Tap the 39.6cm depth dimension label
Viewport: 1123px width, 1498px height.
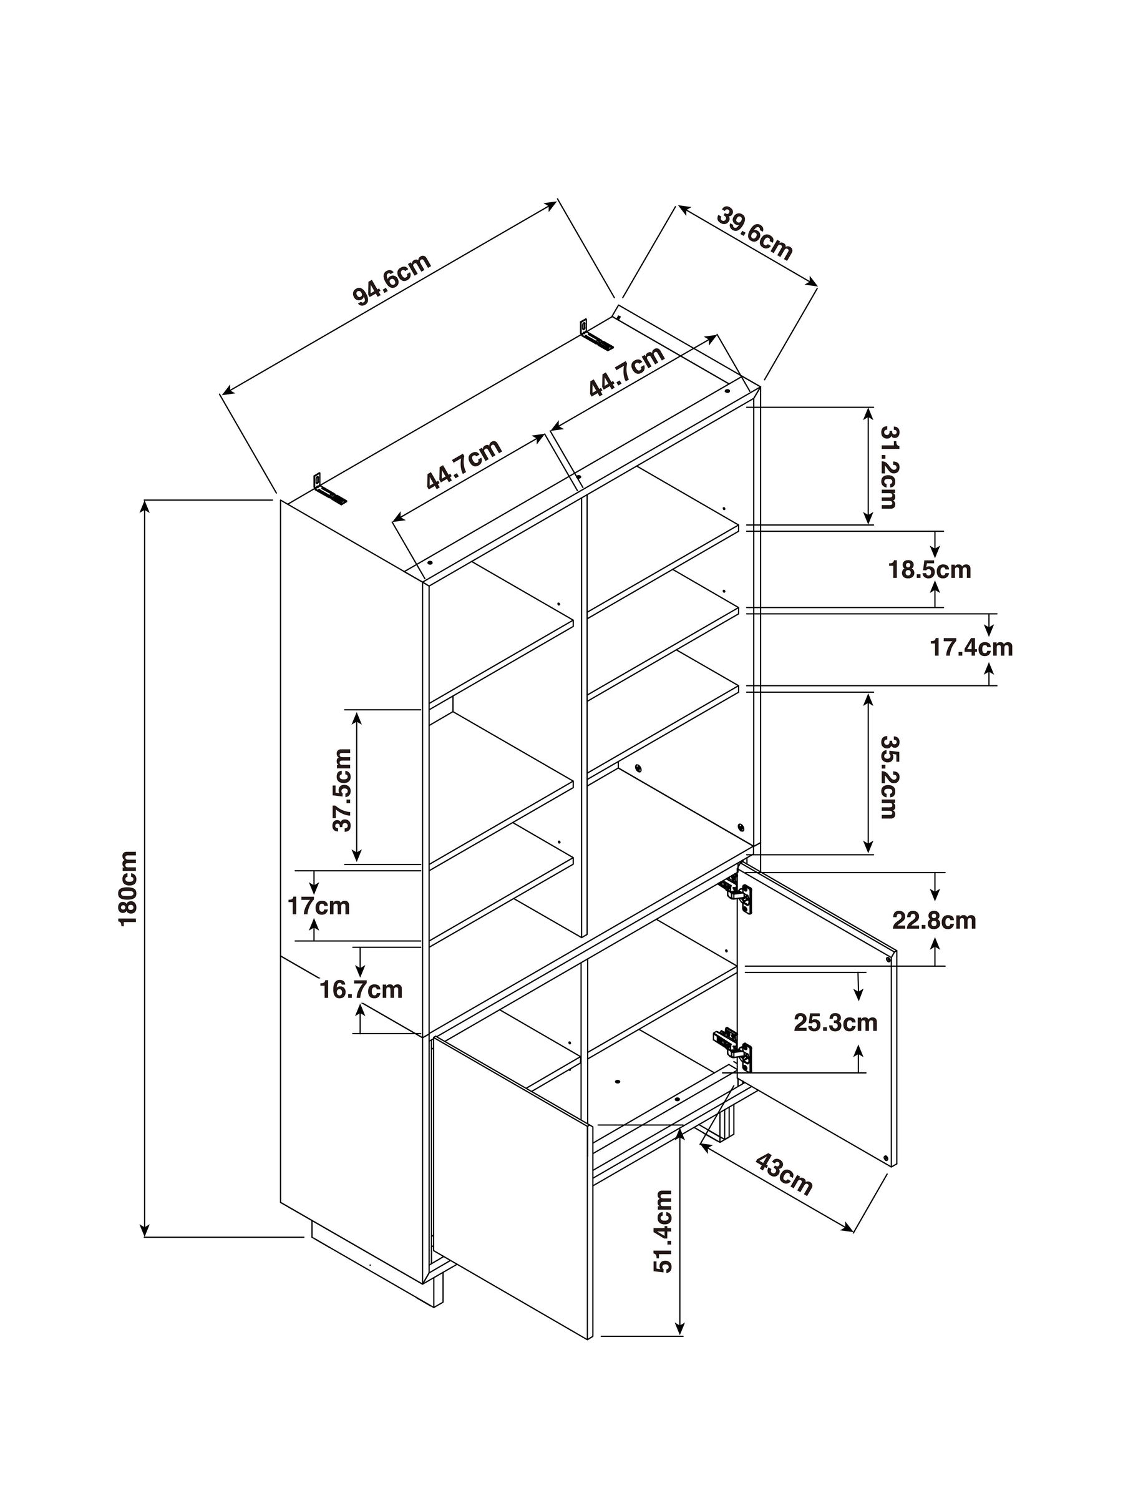tap(754, 234)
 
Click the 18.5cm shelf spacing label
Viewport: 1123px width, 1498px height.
tap(930, 569)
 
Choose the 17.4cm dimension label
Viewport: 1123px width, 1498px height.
tap(971, 647)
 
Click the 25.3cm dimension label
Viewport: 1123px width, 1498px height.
tap(835, 1022)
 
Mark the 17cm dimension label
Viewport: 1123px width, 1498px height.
tap(319, 906)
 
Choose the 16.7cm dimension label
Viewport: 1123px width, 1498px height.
tap(361, 989)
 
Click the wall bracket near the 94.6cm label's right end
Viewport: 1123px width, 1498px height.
tap(595, 335)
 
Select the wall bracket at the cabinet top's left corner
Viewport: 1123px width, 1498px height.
tap(328, 489)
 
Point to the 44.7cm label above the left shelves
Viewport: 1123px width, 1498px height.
tap(464, 464)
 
